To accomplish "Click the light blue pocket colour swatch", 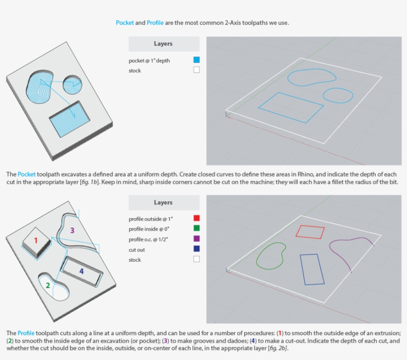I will pos(197,60).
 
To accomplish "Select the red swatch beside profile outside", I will pos(197,218).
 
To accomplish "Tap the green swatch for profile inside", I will pos(197,228).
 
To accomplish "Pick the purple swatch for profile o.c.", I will pos(197,239).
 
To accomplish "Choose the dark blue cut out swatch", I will pos(197,249).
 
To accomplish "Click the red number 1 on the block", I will pos(35,240).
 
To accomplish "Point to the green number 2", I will pos(48,285).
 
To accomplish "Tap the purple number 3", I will pos(72,230).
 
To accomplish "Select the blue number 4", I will pos(81,271).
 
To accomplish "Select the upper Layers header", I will pos(163,44).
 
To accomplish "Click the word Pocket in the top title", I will pos(125,23).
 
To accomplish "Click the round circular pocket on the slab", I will pos(73,86).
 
